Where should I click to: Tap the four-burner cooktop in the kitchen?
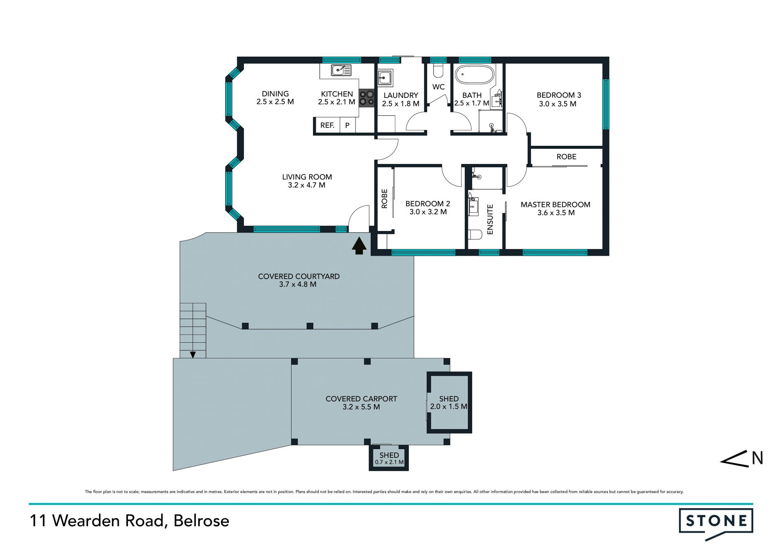click(367, 98)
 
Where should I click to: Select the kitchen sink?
click(341, 71)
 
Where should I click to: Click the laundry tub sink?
click(384, 77)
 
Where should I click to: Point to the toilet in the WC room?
click(438, 71)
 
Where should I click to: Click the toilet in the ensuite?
click(475, 234)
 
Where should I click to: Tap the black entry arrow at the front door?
click(359, 246)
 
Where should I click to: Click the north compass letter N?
click(757, 458)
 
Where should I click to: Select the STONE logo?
click(716, 524)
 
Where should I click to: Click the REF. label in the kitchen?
click(327, 126)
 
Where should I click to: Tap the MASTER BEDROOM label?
click(556, 205)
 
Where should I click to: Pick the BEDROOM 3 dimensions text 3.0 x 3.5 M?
click(558, 104)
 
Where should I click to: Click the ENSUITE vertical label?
click(490, 219)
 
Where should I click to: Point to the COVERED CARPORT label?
click(361, 399)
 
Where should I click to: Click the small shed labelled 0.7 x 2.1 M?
click(389, 458)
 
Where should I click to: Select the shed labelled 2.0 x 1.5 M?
click(449, 403)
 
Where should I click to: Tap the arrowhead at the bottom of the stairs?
click(193, 355)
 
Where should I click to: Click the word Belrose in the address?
click(201, 521)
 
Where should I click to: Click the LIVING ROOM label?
click(307, 177)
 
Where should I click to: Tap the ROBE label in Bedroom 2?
click(384, 199)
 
